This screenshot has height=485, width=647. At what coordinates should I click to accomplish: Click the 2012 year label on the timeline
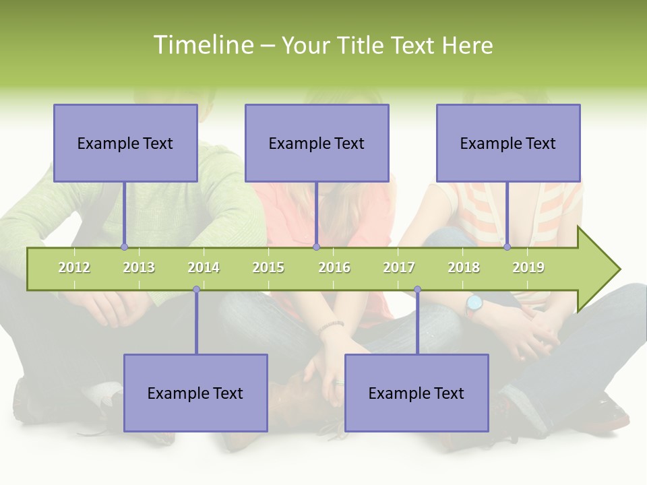tap(74, 267)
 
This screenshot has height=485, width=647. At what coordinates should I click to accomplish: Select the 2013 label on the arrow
tap(139, 267)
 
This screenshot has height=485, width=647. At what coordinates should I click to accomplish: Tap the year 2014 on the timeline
tap(204, 267)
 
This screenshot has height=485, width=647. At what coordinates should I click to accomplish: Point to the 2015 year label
tap(268, 267)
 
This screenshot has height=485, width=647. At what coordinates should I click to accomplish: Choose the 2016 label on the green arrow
tap(334, 267)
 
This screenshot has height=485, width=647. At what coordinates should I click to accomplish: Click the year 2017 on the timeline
tap(399, 267)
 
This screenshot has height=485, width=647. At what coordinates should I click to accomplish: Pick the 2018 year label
tap(464, 267)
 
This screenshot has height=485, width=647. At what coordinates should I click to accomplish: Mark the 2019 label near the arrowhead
tap(528, 267)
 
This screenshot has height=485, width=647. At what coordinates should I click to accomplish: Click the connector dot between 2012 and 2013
tap(124, 247)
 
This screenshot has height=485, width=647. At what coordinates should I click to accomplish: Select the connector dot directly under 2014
tap(196, 290)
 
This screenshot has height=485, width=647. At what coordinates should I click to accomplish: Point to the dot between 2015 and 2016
tap(316, 247)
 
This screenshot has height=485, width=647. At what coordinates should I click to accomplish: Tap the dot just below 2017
tap(417, 290)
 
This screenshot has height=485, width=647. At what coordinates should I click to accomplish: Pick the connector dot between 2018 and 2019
tap(507, 247)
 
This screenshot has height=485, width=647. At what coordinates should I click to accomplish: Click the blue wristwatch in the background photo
tap(474, 303)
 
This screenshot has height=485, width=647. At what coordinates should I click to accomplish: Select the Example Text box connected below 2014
tap(195, 393)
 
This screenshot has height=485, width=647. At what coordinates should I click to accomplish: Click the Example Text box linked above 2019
tap(508, 143)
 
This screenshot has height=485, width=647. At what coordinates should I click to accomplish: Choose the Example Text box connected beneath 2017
tap(417, 393)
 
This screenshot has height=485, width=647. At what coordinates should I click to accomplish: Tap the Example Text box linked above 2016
tap(317, 143)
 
